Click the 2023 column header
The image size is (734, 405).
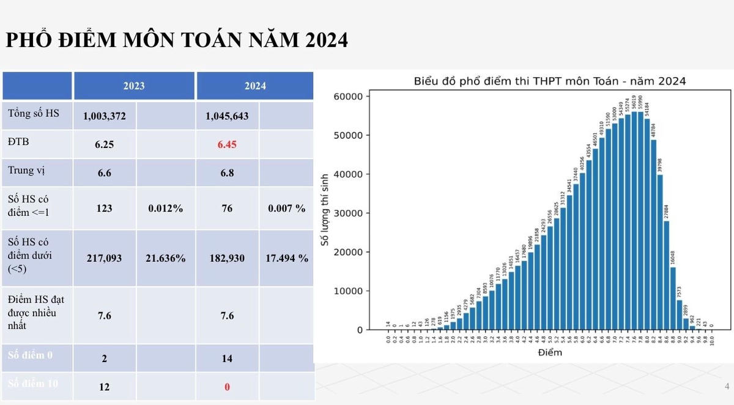[134, 86]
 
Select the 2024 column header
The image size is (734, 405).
[255, 86]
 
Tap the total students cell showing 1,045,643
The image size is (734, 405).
[227, 116]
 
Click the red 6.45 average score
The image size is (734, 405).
[227, 145]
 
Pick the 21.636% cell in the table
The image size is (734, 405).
[165, 258]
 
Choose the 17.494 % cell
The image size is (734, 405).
[287, 258]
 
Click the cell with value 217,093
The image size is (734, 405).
[104, 258]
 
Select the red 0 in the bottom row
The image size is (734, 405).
[227, 387]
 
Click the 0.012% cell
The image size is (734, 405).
[165, 208]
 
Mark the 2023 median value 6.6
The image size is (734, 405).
[104, 173]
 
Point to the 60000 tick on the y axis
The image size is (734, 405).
[348, 96]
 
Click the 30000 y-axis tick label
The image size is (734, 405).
[348, 213]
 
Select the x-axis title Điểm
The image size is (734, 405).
[549, 353]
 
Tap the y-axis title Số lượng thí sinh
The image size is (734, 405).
[325, 210]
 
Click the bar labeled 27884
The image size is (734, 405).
[667, 275]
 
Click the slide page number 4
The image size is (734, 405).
[727, 386]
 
